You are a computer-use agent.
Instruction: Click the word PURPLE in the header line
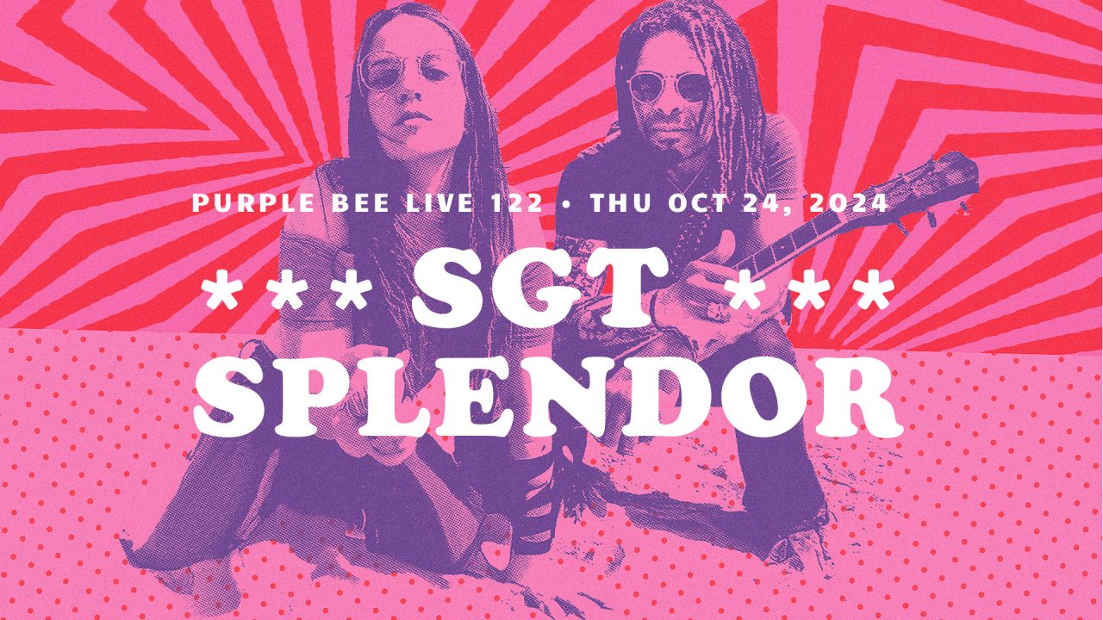click(x=253, y=202)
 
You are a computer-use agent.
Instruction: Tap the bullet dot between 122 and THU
click(x=567, y=203)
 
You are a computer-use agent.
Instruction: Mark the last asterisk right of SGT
click(x=875, y=294)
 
